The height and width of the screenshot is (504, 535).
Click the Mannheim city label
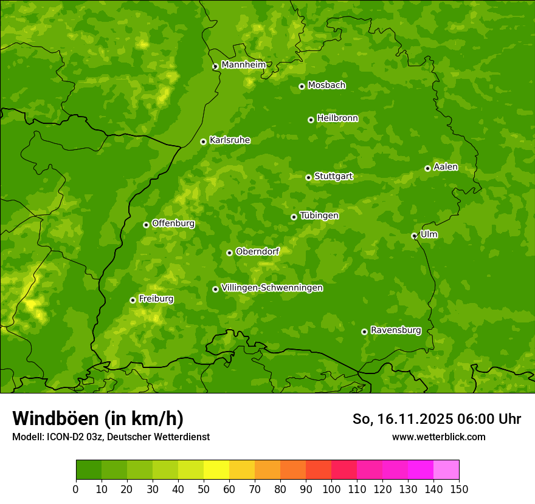click(x=244, y=65)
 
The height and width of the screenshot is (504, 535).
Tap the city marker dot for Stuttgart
click(x=308, y=177)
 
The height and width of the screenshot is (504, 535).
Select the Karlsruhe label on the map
click(x=230, y=140)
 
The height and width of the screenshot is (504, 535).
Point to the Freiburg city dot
click(x=133, y=300)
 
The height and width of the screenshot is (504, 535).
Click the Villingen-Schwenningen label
click(x=272, y=288)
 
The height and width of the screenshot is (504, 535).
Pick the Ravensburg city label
click(x=396, y=330)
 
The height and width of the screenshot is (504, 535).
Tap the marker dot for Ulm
click(x=414, y=236)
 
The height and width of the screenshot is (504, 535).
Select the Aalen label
click(x=446, y=167)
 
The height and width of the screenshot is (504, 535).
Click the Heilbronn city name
click(x=337, y=118)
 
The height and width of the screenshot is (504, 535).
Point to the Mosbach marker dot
click(x=302, y=86)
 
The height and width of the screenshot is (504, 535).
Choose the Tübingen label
click(x=319, y=216)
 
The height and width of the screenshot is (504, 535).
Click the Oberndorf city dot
click(x=229, y=253)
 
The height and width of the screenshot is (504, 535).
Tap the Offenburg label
click(x=173, y=223)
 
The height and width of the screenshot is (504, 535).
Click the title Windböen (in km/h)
click(x=98, y=418)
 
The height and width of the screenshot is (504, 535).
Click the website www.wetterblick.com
click(x=438, y=437)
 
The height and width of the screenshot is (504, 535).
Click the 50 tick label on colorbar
click(x=204, y=489)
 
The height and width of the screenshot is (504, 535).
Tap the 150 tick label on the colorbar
click(x=459, y=489)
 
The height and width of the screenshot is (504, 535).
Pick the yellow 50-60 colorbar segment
click(x=216, y=470)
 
